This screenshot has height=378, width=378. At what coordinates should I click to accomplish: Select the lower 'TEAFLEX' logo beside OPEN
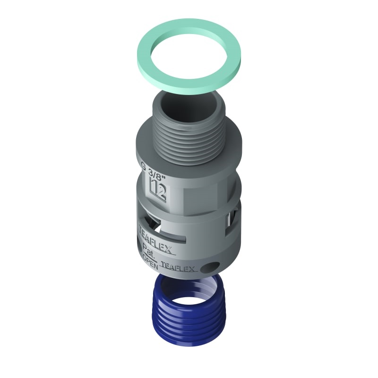pyautogui.click(x=179, y=267)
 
